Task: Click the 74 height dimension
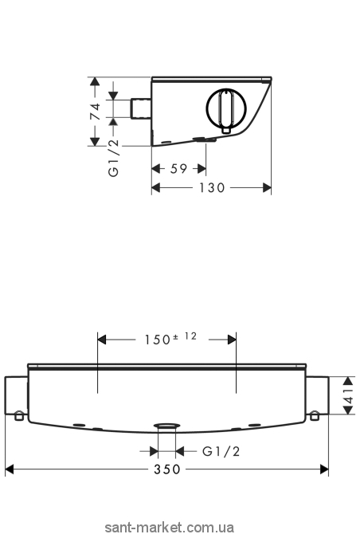96,112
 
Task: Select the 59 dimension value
178,169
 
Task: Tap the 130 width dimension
212,187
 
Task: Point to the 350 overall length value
167,469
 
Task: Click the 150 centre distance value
158,340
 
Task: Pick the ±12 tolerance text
185,336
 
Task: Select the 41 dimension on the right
348,395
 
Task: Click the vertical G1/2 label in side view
113,158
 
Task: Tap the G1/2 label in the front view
221,451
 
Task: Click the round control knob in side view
226,108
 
